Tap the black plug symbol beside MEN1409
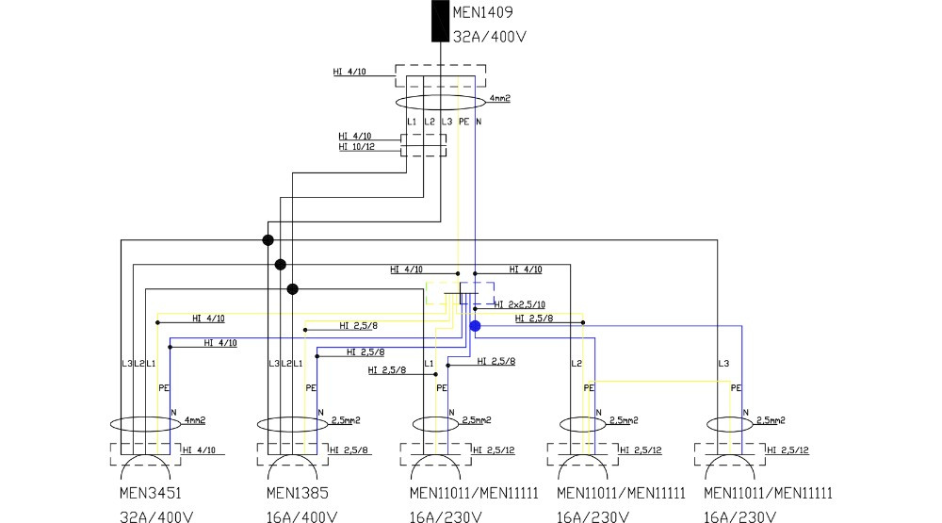tap(440, 21)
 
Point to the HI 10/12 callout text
tap(355, 146)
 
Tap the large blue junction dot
tap(475, 325)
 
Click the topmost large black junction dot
tap(268, 240)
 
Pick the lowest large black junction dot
tap(292, 288)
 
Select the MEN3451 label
tap(152, 493)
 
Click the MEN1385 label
tap(299, 493)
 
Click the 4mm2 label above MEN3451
tap(195, 419)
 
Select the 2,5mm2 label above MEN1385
tap(345, 419)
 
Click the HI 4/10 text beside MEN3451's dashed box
tap(199, 449)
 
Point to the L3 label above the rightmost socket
tap(723, 363)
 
